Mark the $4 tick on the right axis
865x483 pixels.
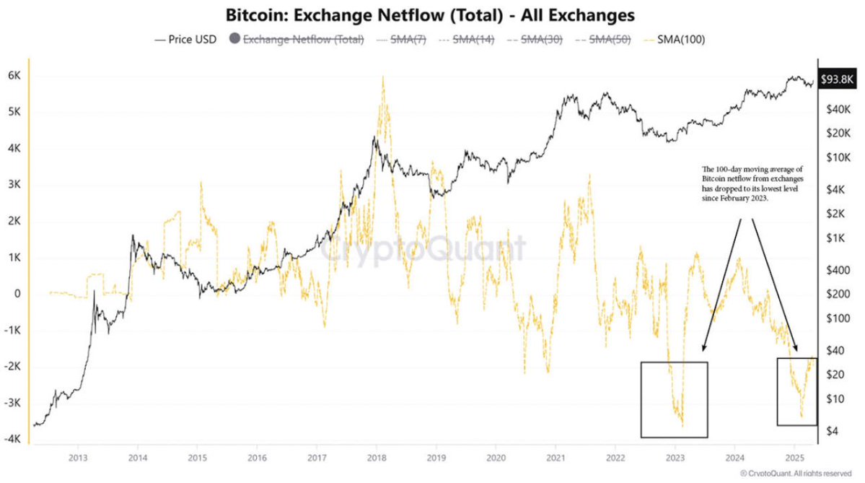pos(832,431)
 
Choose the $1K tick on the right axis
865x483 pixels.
pos(835,238)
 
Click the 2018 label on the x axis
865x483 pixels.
pos(376,457)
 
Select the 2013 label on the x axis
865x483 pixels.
pos(78,457)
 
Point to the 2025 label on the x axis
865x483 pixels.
pos(794,457)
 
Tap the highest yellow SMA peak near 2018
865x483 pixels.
pos(382,78)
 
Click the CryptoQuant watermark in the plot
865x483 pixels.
pos(423,249)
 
